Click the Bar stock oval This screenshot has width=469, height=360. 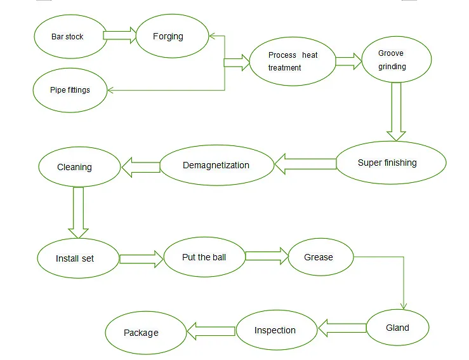point(68,36)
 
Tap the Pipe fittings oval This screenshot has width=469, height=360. point(70,90)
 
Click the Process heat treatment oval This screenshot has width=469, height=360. point(292,62)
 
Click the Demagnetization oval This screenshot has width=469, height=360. point(216,165)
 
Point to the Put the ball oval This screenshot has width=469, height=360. point(204,257)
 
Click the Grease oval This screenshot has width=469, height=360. point(319,257)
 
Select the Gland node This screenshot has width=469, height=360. point(398,328)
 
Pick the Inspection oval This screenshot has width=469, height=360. point(276,330)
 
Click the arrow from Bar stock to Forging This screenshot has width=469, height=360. point(120,35)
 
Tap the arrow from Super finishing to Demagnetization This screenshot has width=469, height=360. point(305,164)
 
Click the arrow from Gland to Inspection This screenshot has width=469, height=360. point(342,328)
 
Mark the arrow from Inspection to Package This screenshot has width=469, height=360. point(211,330)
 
